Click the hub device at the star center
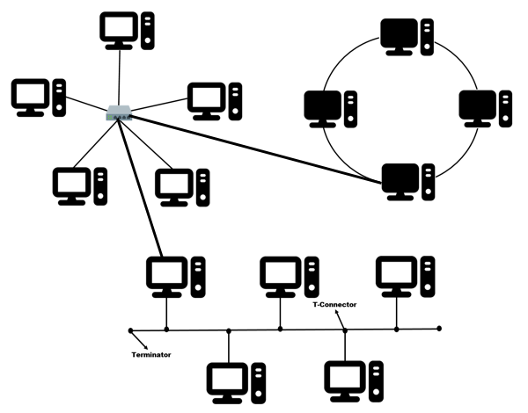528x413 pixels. (119, 112)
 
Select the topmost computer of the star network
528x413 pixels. (128, 29)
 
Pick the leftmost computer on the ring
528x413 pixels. (327, 106)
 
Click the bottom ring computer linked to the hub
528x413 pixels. (407, 181)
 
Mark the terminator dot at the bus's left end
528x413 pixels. (130, 330)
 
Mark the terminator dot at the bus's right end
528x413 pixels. (439, 329)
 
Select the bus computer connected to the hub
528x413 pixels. (174, 274)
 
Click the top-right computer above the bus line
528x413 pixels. (403, 274)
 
